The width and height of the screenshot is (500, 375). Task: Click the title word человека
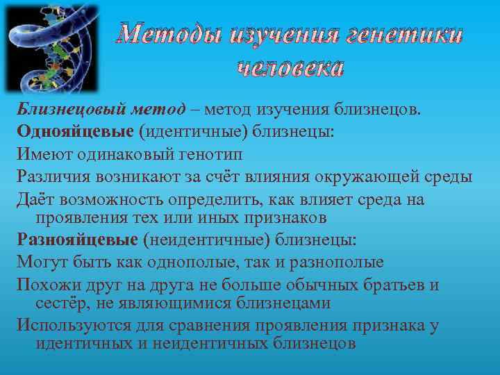pyautogui.click(x=290, y=67)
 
